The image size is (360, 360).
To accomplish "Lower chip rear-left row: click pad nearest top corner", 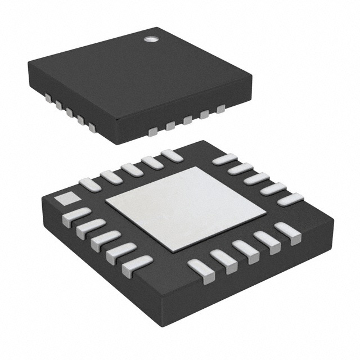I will click(x=170, y=155).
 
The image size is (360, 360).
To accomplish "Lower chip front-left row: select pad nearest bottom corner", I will click(x=136, y=263).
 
